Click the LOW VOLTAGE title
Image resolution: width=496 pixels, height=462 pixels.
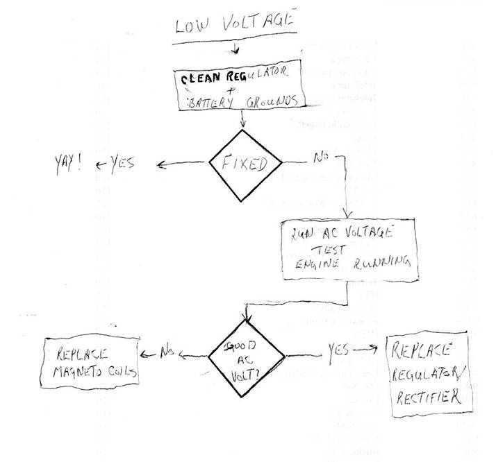click(235, 26)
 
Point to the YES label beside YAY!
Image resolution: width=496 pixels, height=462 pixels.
click(119, 164)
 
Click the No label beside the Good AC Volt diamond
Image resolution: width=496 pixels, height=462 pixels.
click(167, 352)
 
